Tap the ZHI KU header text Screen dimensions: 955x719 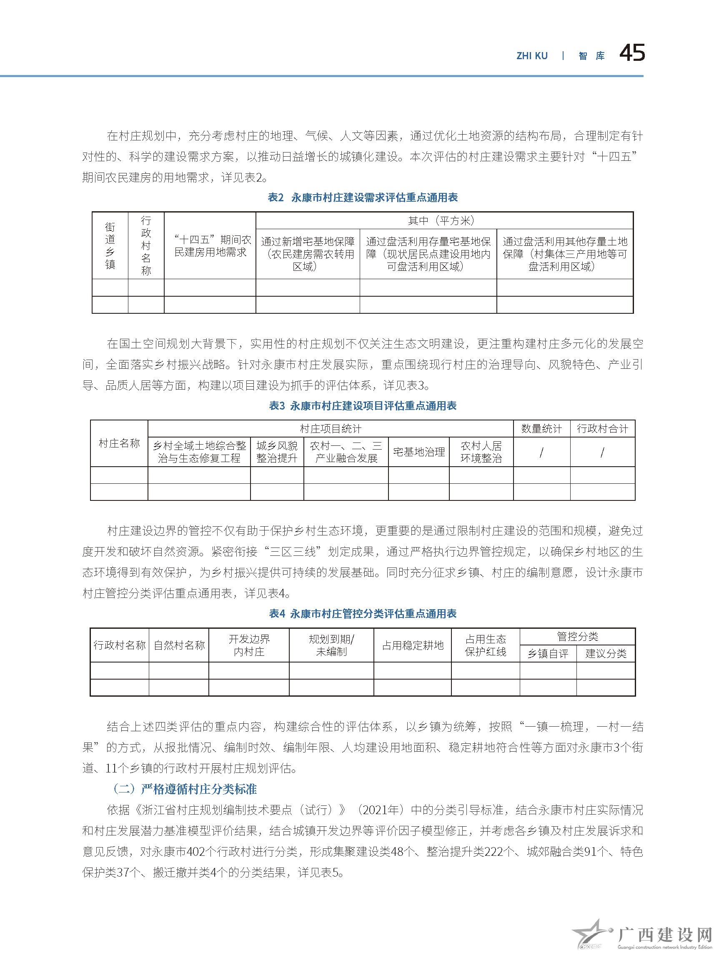tap(531, 56)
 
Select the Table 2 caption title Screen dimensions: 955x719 tap(362, 197)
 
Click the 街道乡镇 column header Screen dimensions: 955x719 tap(110, 245)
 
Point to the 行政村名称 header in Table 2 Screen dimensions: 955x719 tap(146, 245)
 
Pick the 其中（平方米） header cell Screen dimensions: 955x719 tap(444, 220)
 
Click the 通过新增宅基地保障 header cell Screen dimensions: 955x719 tap(308, 254)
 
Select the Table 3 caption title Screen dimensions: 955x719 tap(362, 405)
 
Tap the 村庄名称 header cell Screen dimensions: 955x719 tap(119, 443)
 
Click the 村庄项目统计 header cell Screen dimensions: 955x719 tap(331, 429)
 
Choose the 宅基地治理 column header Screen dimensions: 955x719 tap(418, 452)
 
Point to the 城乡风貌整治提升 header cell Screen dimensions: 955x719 tap(277, 452)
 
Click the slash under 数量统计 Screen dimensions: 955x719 tap(541, 452)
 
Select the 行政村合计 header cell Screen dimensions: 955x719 tap(602, 429)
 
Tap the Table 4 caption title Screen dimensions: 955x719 tap(362, 613)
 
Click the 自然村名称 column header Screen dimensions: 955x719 tap(179, 645)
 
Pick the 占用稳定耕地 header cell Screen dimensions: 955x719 tap(412, 645)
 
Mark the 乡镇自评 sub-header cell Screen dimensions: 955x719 tap(548, 654)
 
